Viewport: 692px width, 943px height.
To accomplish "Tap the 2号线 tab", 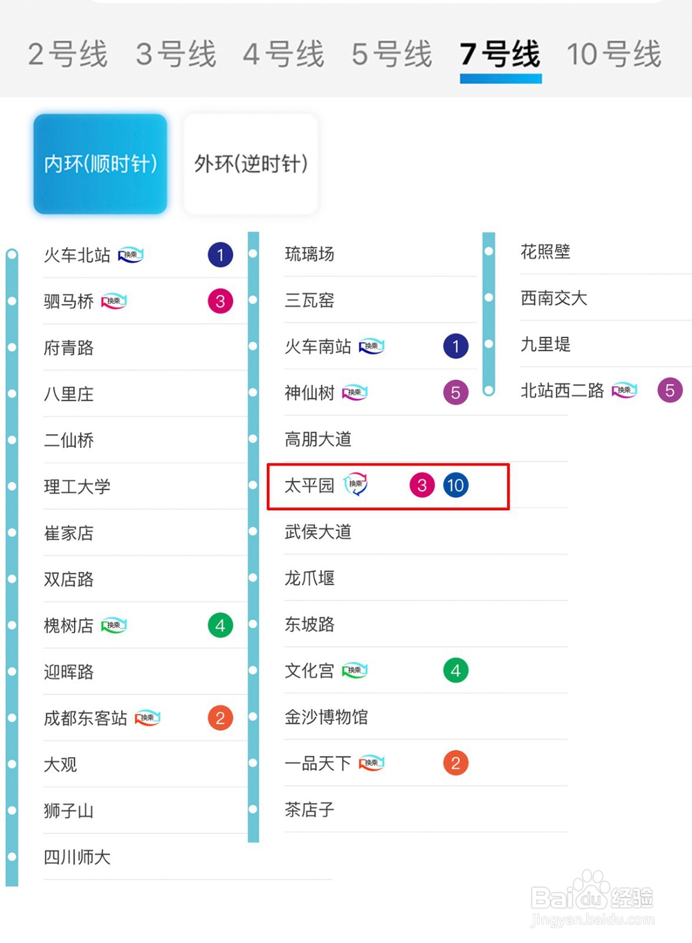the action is point(68,54).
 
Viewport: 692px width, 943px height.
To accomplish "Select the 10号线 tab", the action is point(614,54).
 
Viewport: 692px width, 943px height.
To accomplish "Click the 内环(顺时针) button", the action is point(100,164).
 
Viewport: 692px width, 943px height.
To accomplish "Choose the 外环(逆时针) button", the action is point(251,164).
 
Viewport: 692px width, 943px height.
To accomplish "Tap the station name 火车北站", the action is point(77,255).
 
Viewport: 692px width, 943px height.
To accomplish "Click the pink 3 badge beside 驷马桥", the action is point(221,301).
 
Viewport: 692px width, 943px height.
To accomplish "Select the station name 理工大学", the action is point(77,487).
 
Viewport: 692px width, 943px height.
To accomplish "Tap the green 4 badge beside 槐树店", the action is point(221,626).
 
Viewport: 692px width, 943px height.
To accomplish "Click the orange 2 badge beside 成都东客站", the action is point(221,718).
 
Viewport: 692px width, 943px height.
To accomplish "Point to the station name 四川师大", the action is point(77,857).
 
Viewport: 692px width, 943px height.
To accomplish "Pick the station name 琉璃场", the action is point(309,254).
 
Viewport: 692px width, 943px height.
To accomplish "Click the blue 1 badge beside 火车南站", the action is point(456,346).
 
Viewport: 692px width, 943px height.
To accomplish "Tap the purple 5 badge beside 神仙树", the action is point(456,393).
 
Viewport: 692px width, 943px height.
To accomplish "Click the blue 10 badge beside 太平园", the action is point(456,485).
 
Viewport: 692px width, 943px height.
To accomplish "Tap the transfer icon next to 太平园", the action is point(356,484).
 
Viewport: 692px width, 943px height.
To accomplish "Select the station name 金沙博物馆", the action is point(327,717).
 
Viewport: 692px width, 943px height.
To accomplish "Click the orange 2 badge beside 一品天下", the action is point(456,763).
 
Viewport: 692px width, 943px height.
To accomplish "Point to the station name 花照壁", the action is point(545,252).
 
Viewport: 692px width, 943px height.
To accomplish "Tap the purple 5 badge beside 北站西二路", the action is point(670,390).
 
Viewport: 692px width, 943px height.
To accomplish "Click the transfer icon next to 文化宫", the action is point(354,670).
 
